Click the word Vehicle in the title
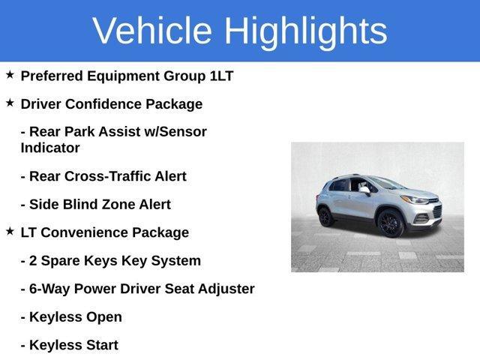(x=152, y=31)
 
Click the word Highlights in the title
(x=305, y=31)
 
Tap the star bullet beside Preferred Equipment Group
(x=10, y=75)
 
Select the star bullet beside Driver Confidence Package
(x=10, y=103)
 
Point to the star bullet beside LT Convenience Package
(x=10, y=232)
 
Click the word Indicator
(x=50, y=148)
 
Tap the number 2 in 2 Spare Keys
(x=34, y=261)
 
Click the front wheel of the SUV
(x=391, y=223)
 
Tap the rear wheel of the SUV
(x=326, y=217)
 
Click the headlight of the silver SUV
(x=414, y=200)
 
